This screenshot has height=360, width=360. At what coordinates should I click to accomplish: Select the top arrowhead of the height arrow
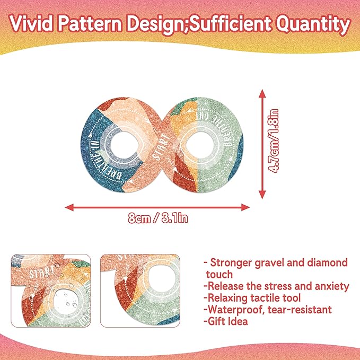tap(262, 93)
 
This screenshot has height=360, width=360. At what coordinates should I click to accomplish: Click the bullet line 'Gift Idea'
tap(226, 321)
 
